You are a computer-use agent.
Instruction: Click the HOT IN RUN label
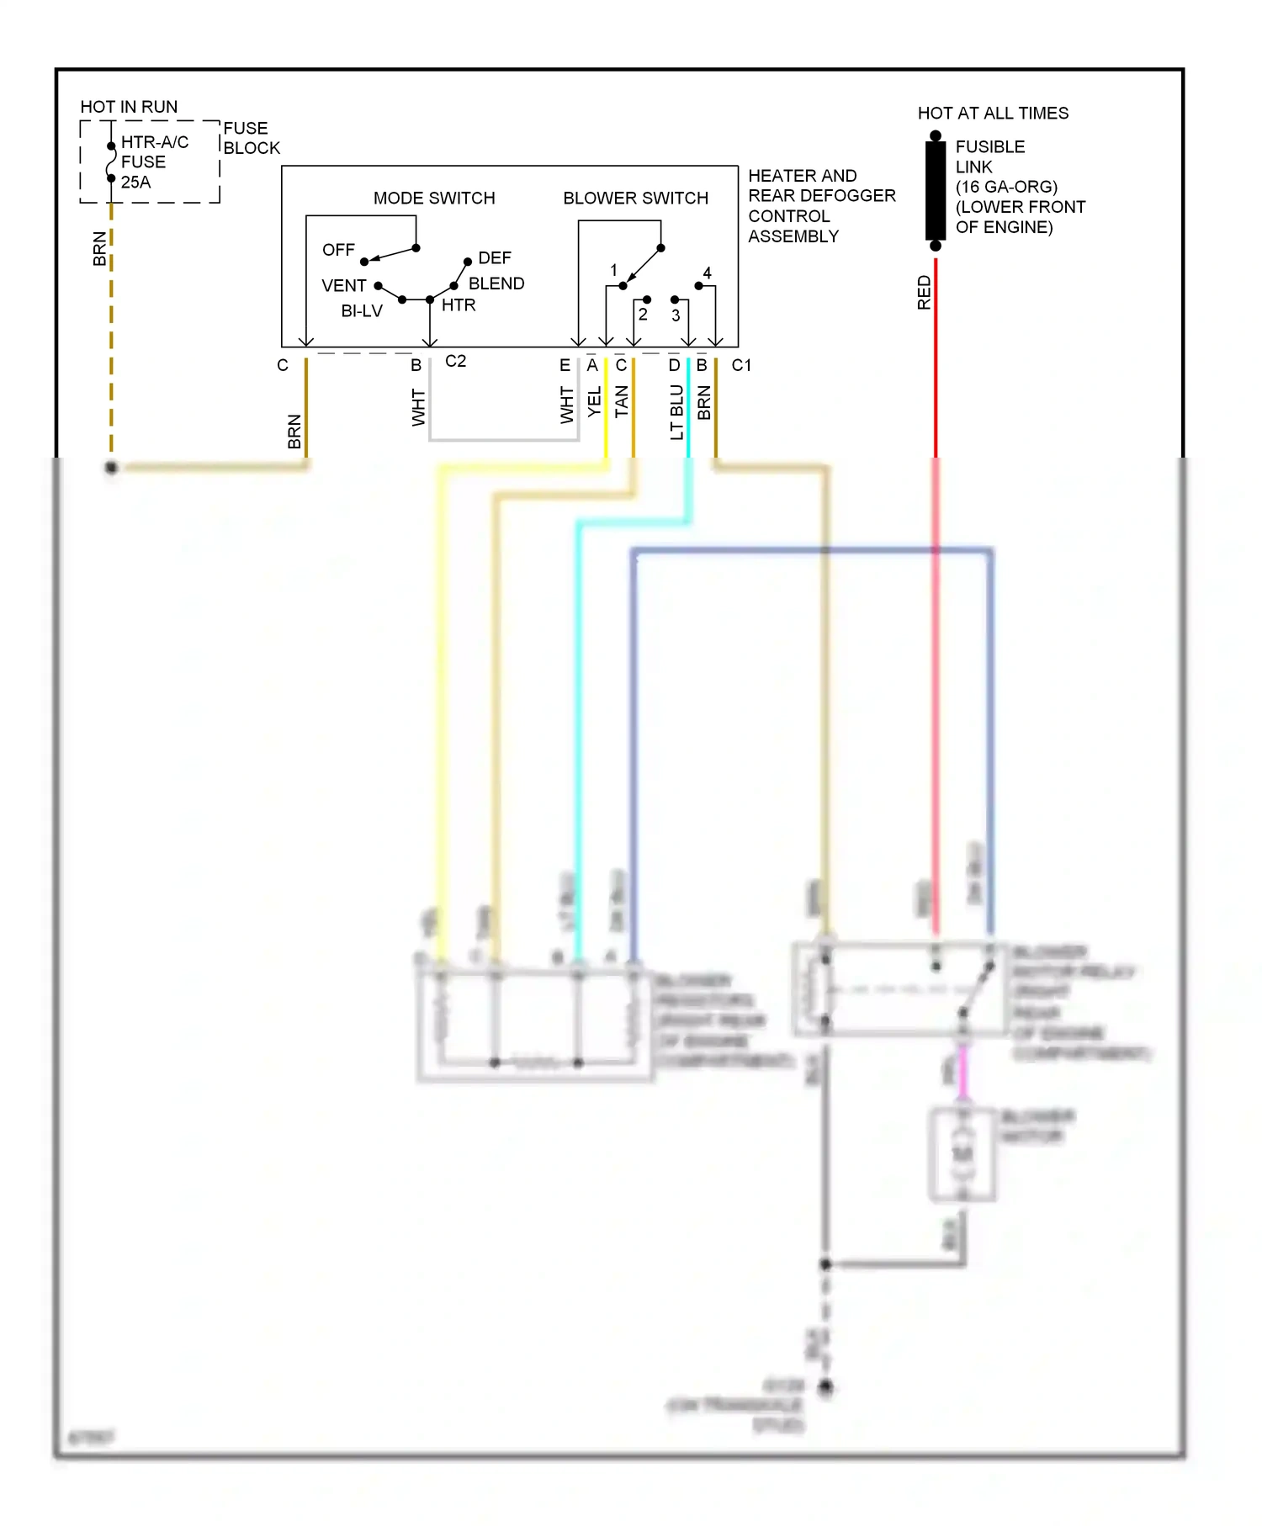[129, 107]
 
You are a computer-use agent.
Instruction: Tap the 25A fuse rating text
[135, 182]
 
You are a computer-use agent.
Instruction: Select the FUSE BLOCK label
[251, 138]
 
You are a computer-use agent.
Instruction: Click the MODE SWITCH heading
[434, 198]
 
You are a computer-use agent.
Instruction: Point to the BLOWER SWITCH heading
[635, 198]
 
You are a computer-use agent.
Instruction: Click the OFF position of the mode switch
[338, 250]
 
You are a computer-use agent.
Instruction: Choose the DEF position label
[494, 257]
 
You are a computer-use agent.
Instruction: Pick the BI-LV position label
[362, 311]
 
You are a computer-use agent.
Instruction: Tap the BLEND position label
[496, 283]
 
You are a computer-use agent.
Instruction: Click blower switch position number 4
[707, 273]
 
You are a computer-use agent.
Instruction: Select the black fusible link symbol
[936, 191]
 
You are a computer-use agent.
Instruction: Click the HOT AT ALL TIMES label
[993, 113]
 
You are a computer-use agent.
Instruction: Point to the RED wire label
[924, 293]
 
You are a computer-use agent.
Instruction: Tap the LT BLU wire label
[676, 412]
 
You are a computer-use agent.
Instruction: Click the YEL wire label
[594, 402]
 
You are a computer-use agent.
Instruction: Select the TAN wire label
[621, 402]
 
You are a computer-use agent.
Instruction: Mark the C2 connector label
[455, 361]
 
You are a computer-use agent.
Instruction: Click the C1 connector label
[741, 365]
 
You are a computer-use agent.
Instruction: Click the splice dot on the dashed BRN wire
[111, 467]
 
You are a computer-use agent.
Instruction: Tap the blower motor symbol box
[962, 1154]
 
